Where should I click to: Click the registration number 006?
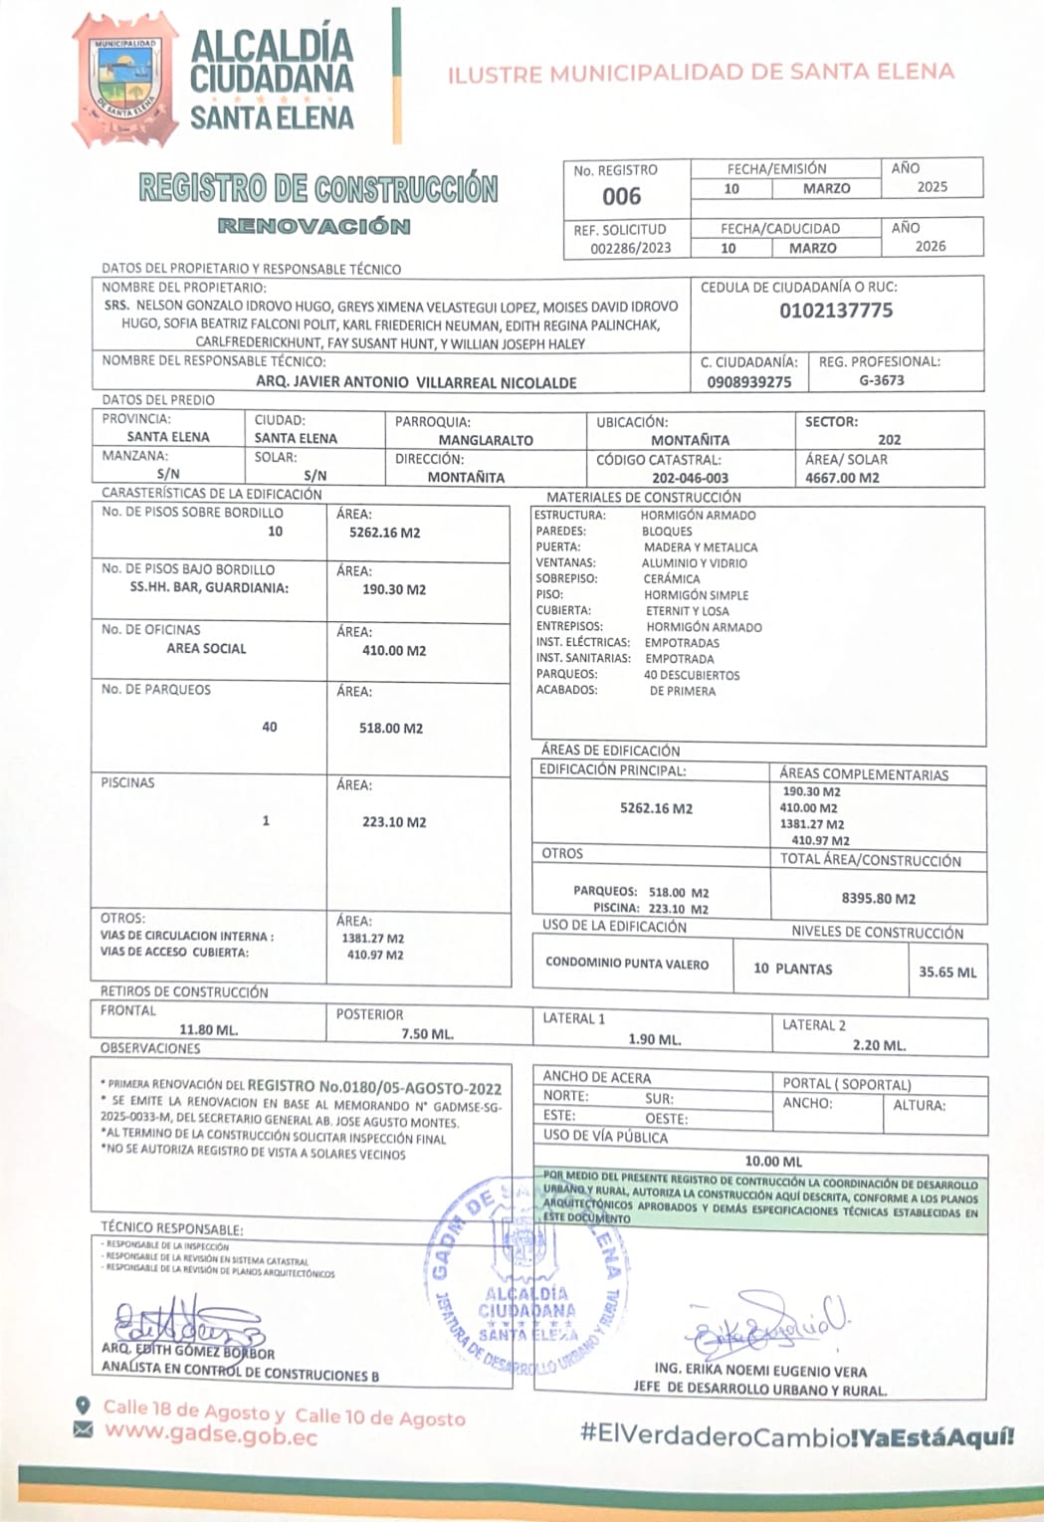(622, 196)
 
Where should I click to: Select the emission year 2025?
(933, 187)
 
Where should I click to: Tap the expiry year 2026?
(931, 246)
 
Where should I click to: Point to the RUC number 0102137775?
(836, 311)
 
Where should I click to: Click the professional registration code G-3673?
(882, 380)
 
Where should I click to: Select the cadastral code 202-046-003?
(690, 478)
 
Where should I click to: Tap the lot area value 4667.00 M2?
(842, 478)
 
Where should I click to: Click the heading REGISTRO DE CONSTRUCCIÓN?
(318, 188)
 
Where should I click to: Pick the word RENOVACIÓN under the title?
(313, 226)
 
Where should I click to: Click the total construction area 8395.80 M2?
(878, 898)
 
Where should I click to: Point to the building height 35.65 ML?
(947, 972)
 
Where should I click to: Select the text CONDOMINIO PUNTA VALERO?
(627, 964)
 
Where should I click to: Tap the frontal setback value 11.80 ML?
(208, 1029)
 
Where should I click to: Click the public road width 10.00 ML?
(773, 1161)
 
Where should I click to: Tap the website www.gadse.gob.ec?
(211, 1435)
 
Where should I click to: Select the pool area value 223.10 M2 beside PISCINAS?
(394, 822)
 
